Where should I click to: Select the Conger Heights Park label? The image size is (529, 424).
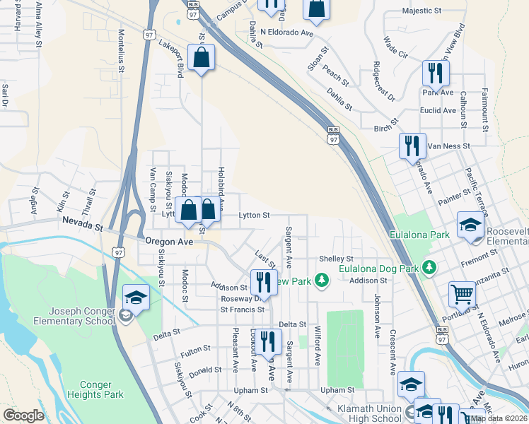pos(95,390)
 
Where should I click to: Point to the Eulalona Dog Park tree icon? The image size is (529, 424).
pos(429,267)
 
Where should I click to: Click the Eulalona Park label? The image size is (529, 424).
pos(420,234)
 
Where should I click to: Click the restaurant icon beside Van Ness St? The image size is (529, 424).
pos(412,146)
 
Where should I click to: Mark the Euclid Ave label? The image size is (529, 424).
pos(438,110)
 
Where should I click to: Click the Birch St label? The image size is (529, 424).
pos(386,129)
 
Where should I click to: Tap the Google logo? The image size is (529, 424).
pos(23,416)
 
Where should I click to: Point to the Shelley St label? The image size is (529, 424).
pos(336,259)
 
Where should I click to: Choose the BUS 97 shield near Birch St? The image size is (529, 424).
pos(332,134)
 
